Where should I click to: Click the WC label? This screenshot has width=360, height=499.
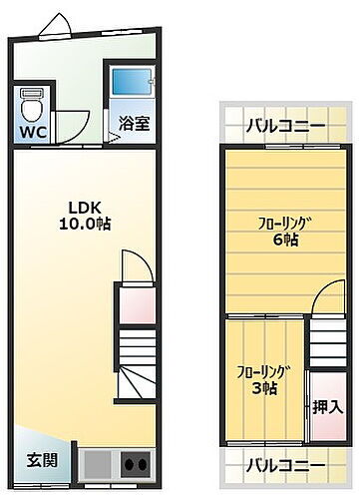pos(30,129)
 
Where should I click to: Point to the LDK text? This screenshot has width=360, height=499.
pos(85,207)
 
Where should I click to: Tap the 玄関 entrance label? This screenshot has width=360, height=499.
pos(41,461)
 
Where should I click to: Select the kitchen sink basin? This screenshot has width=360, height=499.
pos(99,463)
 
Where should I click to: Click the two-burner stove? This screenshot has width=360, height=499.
pos(135,463)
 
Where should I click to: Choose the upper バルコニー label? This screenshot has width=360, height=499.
pos(285,127)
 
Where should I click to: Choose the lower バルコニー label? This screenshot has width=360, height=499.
pos(285,465)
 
